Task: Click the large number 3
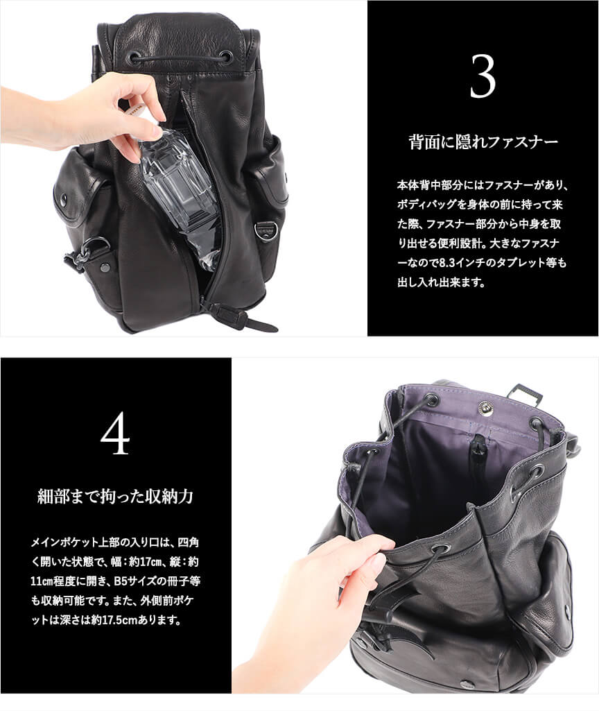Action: [483, 77]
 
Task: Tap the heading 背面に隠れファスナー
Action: [483, 142]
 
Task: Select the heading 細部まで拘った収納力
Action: [115, 497]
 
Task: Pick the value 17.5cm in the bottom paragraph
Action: [119, 620]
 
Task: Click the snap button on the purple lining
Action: [487, 406]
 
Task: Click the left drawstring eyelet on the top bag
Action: [135, 57]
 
